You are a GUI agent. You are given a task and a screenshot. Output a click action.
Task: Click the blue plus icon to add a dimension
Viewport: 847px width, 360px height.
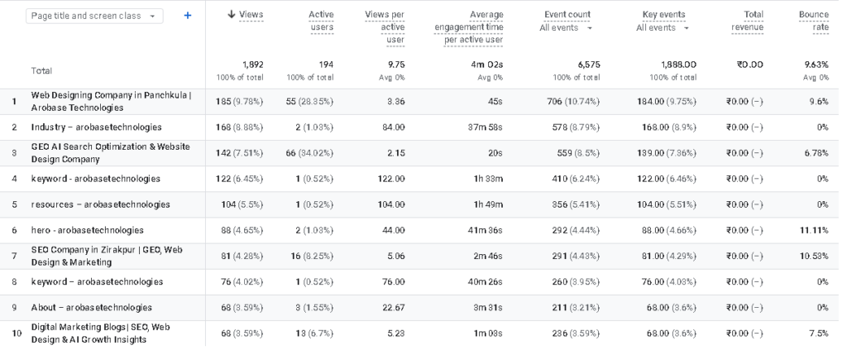[x=188, y=16]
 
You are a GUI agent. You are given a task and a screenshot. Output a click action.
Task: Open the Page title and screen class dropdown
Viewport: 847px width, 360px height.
[x=94, y=16]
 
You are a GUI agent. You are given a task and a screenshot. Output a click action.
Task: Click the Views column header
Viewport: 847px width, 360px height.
[x=246, y=15]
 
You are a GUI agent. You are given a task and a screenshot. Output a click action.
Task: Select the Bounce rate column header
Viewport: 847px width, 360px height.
[x=814, y=21]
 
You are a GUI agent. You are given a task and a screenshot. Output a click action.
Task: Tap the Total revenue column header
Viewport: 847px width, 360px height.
[x=748, y=21]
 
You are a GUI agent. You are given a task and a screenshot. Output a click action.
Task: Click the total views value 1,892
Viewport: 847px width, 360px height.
[x=252, y=65]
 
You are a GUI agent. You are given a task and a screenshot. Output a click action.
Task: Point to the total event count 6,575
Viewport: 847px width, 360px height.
[x=589, y=65]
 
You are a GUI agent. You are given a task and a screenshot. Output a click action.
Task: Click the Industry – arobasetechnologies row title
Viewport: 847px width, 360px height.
[x=96, y=127]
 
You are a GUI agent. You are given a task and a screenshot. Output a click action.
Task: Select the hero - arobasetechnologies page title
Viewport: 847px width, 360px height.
[x=88, y=230]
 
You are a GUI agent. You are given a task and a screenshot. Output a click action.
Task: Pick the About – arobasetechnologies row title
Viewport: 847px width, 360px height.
[x=91, y=308]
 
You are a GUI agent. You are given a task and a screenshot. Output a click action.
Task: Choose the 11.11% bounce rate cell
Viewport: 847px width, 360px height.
[x=814, y=230]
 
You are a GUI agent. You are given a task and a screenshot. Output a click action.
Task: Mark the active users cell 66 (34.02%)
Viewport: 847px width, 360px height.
[x=309, y=153]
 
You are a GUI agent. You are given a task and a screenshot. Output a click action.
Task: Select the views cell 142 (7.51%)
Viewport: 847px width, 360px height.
[x=239, y=153]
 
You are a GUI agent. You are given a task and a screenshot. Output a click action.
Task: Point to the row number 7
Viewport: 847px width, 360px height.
[x=15, y=257]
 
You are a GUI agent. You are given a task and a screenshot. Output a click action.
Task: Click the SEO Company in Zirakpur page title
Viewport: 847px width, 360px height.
[x=107, y=257]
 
